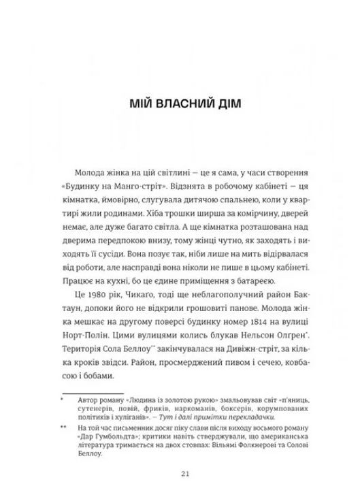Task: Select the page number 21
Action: tap(180, 474)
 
